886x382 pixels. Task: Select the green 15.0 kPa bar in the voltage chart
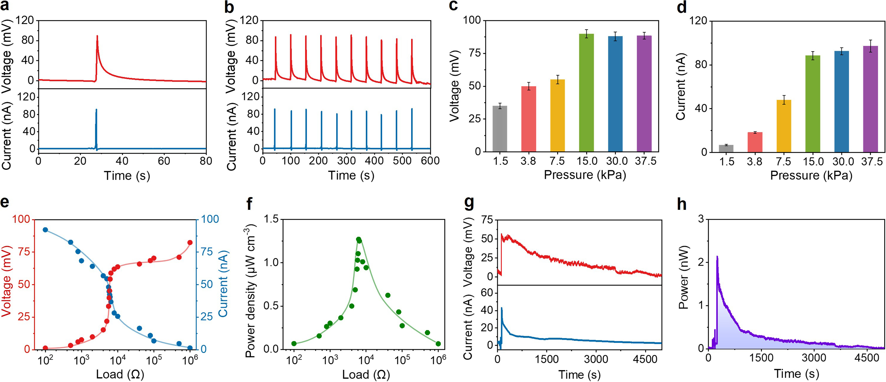[586, 93]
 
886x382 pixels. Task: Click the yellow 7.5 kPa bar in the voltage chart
[558, 116]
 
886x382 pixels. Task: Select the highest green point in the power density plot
[359, 239]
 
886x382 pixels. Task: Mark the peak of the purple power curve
[717, 256]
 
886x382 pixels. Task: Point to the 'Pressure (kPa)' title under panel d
[811, 176]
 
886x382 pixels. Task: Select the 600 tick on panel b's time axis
[430, 161]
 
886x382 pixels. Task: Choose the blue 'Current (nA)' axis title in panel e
[224, 284]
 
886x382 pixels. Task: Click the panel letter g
[469, 204]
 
